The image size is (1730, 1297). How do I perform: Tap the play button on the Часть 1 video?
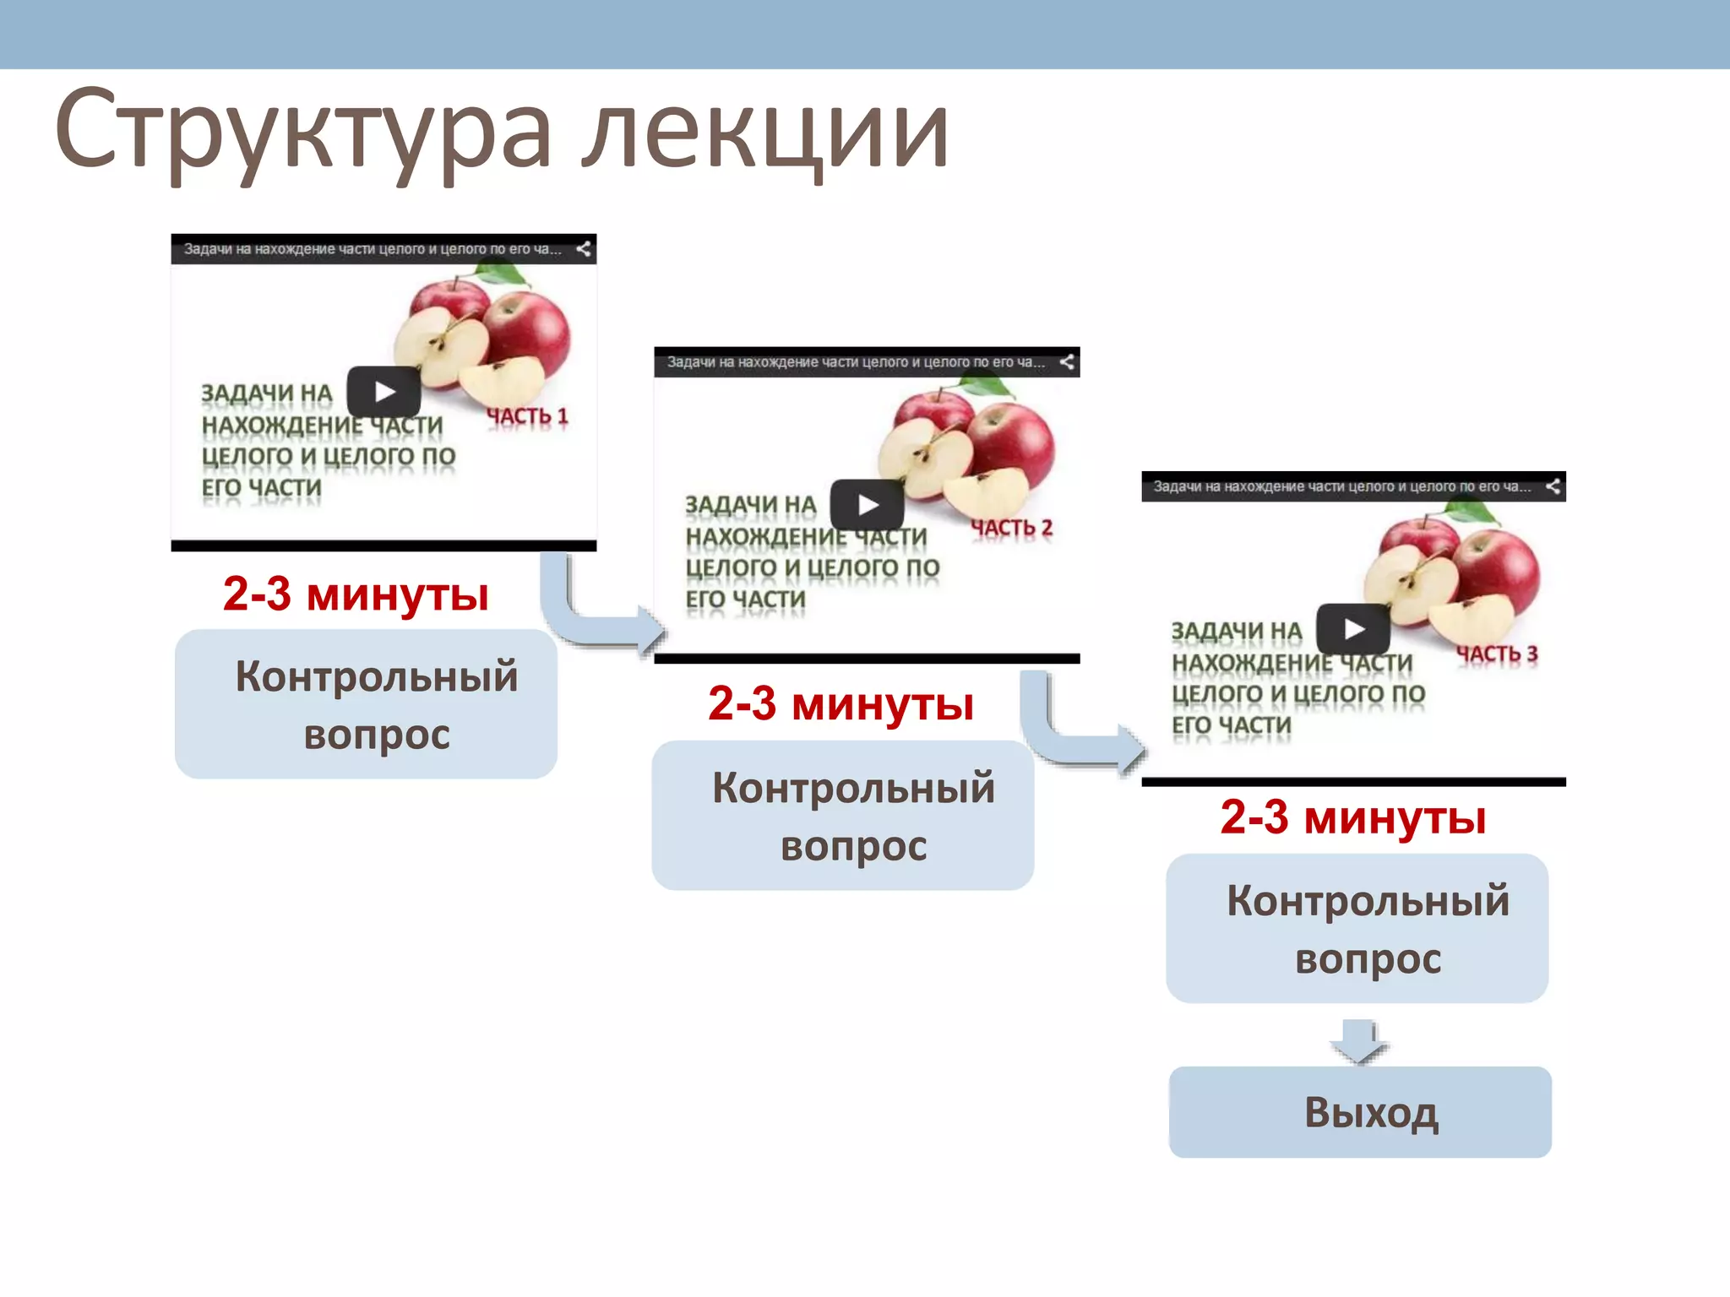point(384,392)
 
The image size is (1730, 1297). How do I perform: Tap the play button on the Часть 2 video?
point(868,505)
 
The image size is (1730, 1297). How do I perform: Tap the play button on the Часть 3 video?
point(1354,629)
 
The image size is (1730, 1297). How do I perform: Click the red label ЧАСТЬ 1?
point(527,416)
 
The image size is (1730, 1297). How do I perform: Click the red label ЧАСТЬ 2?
point(1011,529)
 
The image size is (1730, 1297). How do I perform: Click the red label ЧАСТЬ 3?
point(1496,654)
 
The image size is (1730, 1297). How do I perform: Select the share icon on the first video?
point(583,249)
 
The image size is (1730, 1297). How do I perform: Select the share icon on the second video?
point(1067,362)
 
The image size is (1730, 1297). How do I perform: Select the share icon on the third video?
point(1553,486)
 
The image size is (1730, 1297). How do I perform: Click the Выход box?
point(1360,1112)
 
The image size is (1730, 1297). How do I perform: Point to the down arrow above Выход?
point(1359,1041)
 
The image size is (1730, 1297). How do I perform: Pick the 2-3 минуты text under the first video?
point(356,594)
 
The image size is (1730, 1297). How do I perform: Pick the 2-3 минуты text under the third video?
point(1352,817)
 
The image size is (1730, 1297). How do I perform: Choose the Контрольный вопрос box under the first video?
point(366,704)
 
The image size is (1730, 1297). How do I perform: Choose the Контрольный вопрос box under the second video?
point(843,816)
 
